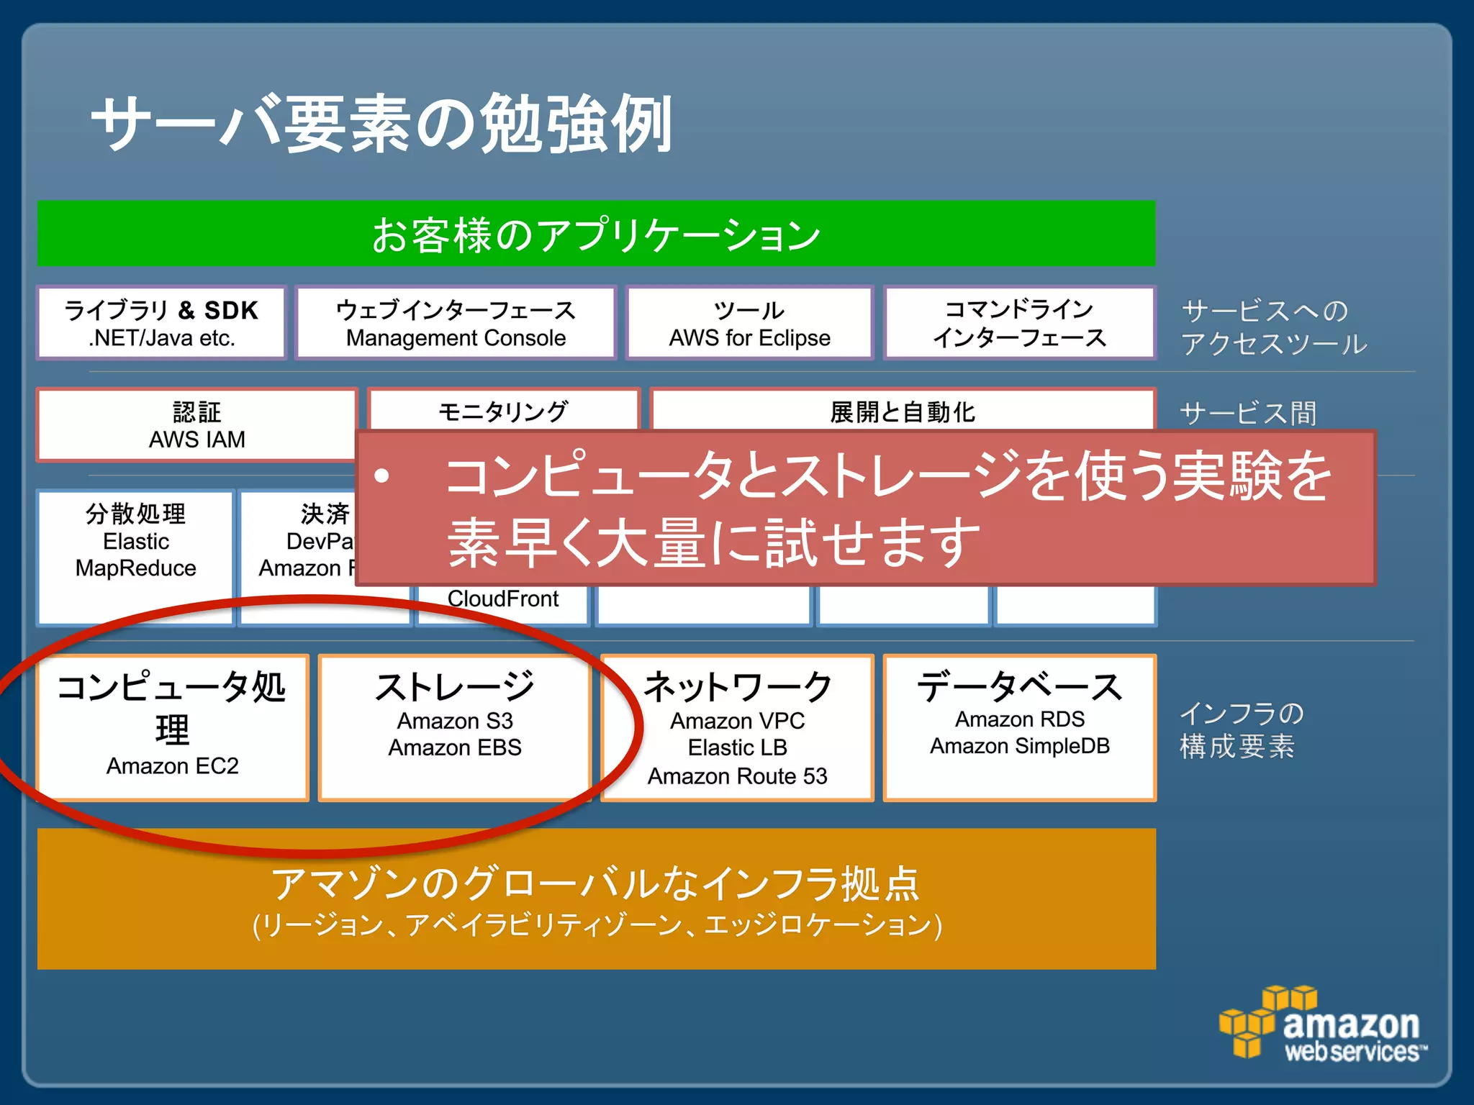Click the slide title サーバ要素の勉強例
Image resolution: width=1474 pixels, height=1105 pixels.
click(381, 124)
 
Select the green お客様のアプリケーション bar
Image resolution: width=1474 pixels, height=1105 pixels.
click(596, 235)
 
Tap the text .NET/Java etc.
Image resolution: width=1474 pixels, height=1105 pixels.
click(162, 338)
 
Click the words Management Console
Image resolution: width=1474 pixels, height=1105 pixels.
click(456, 338)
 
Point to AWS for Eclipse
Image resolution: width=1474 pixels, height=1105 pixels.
click(749, 338)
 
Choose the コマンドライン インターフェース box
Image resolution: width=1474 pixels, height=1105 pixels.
click(1019, 323)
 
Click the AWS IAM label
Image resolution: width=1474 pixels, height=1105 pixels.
click(196, 440)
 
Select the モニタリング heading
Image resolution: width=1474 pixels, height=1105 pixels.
click(503, 411)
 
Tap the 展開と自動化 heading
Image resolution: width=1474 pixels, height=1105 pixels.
click(903, 412)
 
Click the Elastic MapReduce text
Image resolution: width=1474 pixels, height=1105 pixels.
click(136, 555)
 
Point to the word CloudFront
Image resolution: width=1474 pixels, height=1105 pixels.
click(502, 599)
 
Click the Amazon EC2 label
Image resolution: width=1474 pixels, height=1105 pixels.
click(172, 766)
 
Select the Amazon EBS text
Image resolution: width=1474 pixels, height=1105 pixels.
click(455, 748)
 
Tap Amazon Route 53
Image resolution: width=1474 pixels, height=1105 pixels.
click(737, 777)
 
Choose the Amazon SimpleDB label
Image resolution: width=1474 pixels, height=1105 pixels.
click(1019, 747)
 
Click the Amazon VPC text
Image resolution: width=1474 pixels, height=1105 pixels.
click(737, 721)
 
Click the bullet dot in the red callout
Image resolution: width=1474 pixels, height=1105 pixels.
click(381, 476)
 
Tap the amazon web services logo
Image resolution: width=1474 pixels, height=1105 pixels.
click(1323, 1026)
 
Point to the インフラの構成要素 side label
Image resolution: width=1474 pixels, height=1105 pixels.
click(1239, 729)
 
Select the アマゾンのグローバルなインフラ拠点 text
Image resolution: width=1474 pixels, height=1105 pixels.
click(596, 883)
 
